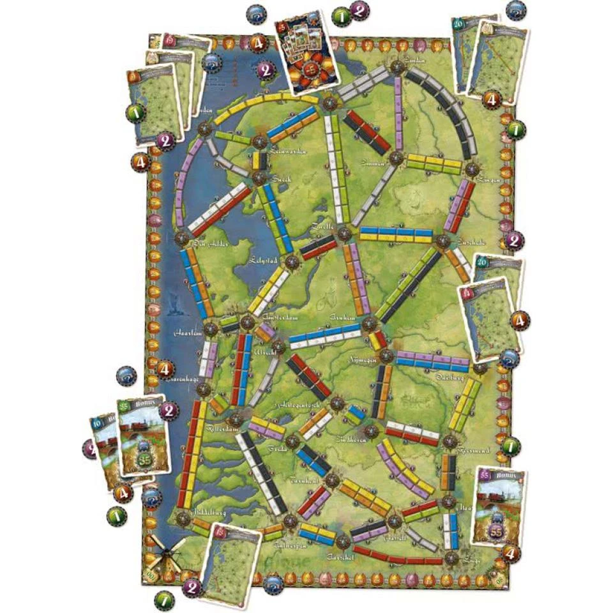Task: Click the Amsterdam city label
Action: (x=279, y=317)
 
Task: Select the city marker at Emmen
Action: (x=396, y=157)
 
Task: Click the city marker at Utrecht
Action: (x=261, y=333)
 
